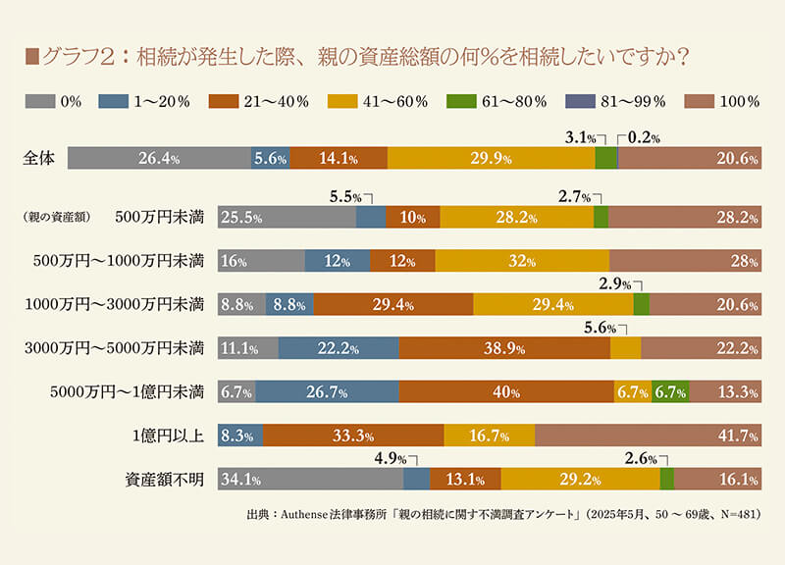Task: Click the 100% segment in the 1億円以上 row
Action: [648, 436]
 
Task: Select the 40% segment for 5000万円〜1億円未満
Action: [506, 392]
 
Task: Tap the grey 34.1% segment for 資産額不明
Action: [310, 480]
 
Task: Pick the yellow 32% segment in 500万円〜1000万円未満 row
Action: [522, 261]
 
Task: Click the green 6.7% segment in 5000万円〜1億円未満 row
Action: [670, 392]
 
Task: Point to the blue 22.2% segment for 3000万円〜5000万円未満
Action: [339, 348]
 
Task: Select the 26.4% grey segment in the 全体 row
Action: [158, 159]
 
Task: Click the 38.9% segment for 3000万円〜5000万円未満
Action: [504, 348]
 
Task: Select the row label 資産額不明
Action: [164, 480]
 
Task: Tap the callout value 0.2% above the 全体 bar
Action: [643, 138]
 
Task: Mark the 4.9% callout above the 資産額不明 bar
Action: [392, 459]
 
